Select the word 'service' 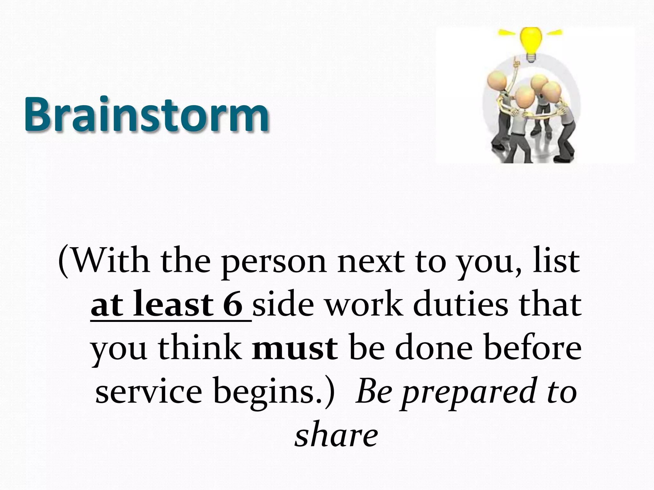[149, 391]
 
